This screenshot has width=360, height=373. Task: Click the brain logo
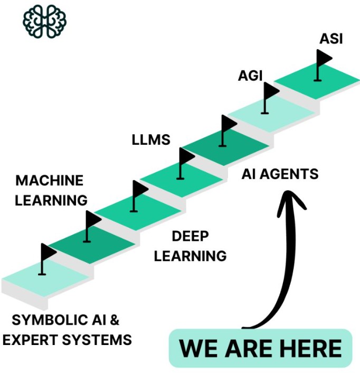45,21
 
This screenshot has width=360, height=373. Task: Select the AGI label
250,75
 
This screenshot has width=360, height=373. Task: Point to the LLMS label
150,140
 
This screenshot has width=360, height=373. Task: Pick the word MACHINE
50,181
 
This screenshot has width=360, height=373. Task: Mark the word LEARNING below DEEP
191,256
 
